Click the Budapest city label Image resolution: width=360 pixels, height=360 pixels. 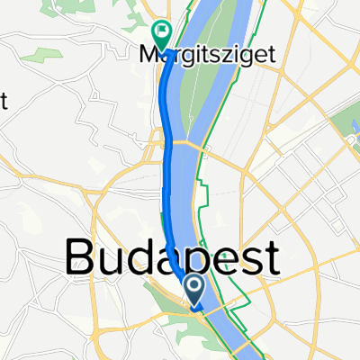click(x=171, y=259)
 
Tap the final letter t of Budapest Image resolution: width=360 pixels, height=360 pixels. click(x=268, y=259)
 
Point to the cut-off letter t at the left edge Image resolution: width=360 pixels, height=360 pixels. click(x=4, y=100)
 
